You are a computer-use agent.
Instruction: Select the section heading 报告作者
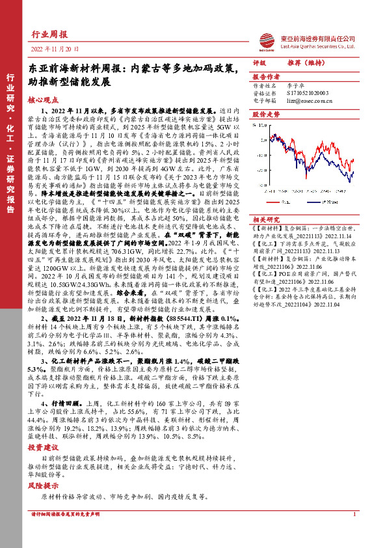pos(265,76)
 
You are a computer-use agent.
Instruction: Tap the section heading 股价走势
pos(265,114)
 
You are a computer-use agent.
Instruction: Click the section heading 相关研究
pos(265,220)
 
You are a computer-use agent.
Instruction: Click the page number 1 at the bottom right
pos(354,514)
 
